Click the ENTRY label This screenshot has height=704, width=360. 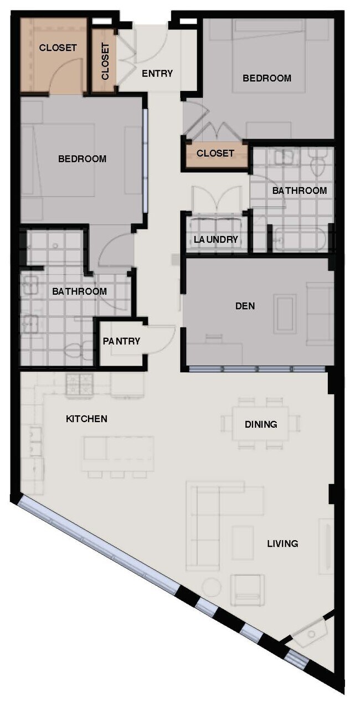click(157, 73)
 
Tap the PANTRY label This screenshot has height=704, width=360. click(121, 341)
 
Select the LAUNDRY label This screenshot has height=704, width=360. click(216, 239)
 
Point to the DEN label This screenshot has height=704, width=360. click(245, 305)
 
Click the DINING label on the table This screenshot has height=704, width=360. click(261, 424)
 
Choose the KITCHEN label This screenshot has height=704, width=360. click(86, 419)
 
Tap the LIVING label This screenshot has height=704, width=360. click(282, 543)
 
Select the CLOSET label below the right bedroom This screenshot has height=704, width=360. click(215, 153)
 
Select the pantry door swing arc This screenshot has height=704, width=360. click(164, 338)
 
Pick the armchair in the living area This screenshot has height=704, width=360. click(247, 589)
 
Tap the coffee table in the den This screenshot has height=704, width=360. click(285, 314)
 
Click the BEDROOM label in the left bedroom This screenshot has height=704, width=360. click(82, 159)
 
